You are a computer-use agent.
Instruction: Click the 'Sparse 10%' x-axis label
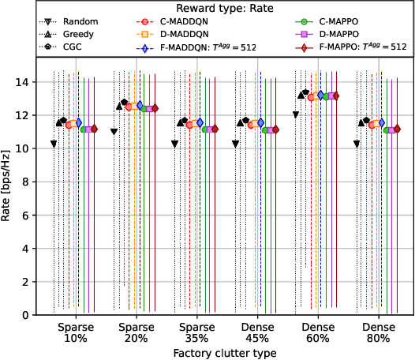click(75, 332)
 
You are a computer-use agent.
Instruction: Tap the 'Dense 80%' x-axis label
click(378, 332)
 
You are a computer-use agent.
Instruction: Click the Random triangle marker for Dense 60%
click(296, 115)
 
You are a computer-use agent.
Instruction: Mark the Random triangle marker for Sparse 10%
click(54, 144)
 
